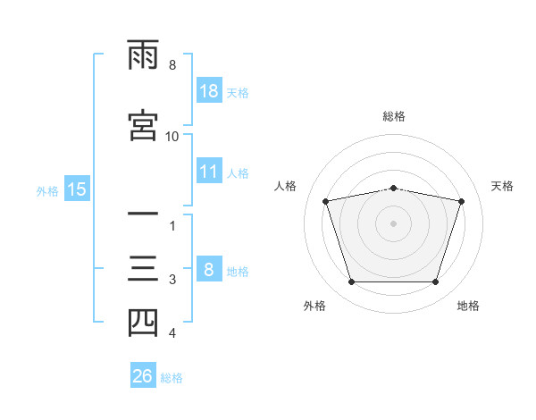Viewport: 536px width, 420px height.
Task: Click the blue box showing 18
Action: [209, 91]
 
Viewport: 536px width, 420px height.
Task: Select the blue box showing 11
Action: [209, 172]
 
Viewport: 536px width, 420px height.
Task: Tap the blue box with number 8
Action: [209, 270]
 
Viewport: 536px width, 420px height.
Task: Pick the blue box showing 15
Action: [77, 189]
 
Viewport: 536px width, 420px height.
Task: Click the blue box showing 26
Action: [143, 376]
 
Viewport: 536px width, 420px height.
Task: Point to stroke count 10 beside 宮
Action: [172, 136]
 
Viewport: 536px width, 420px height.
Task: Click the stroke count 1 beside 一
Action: [173, 225]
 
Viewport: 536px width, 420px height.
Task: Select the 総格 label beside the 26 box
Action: [172, 378]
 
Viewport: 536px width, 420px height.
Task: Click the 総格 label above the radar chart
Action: [394, 116]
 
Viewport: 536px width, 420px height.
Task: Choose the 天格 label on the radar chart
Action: [503, 186]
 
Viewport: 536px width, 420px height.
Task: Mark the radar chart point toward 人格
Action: [326, 201]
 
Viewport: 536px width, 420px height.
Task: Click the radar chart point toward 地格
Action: [435, 282]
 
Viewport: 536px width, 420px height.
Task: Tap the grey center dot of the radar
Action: [394, 223]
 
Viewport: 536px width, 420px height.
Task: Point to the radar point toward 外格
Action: [351, 282]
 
